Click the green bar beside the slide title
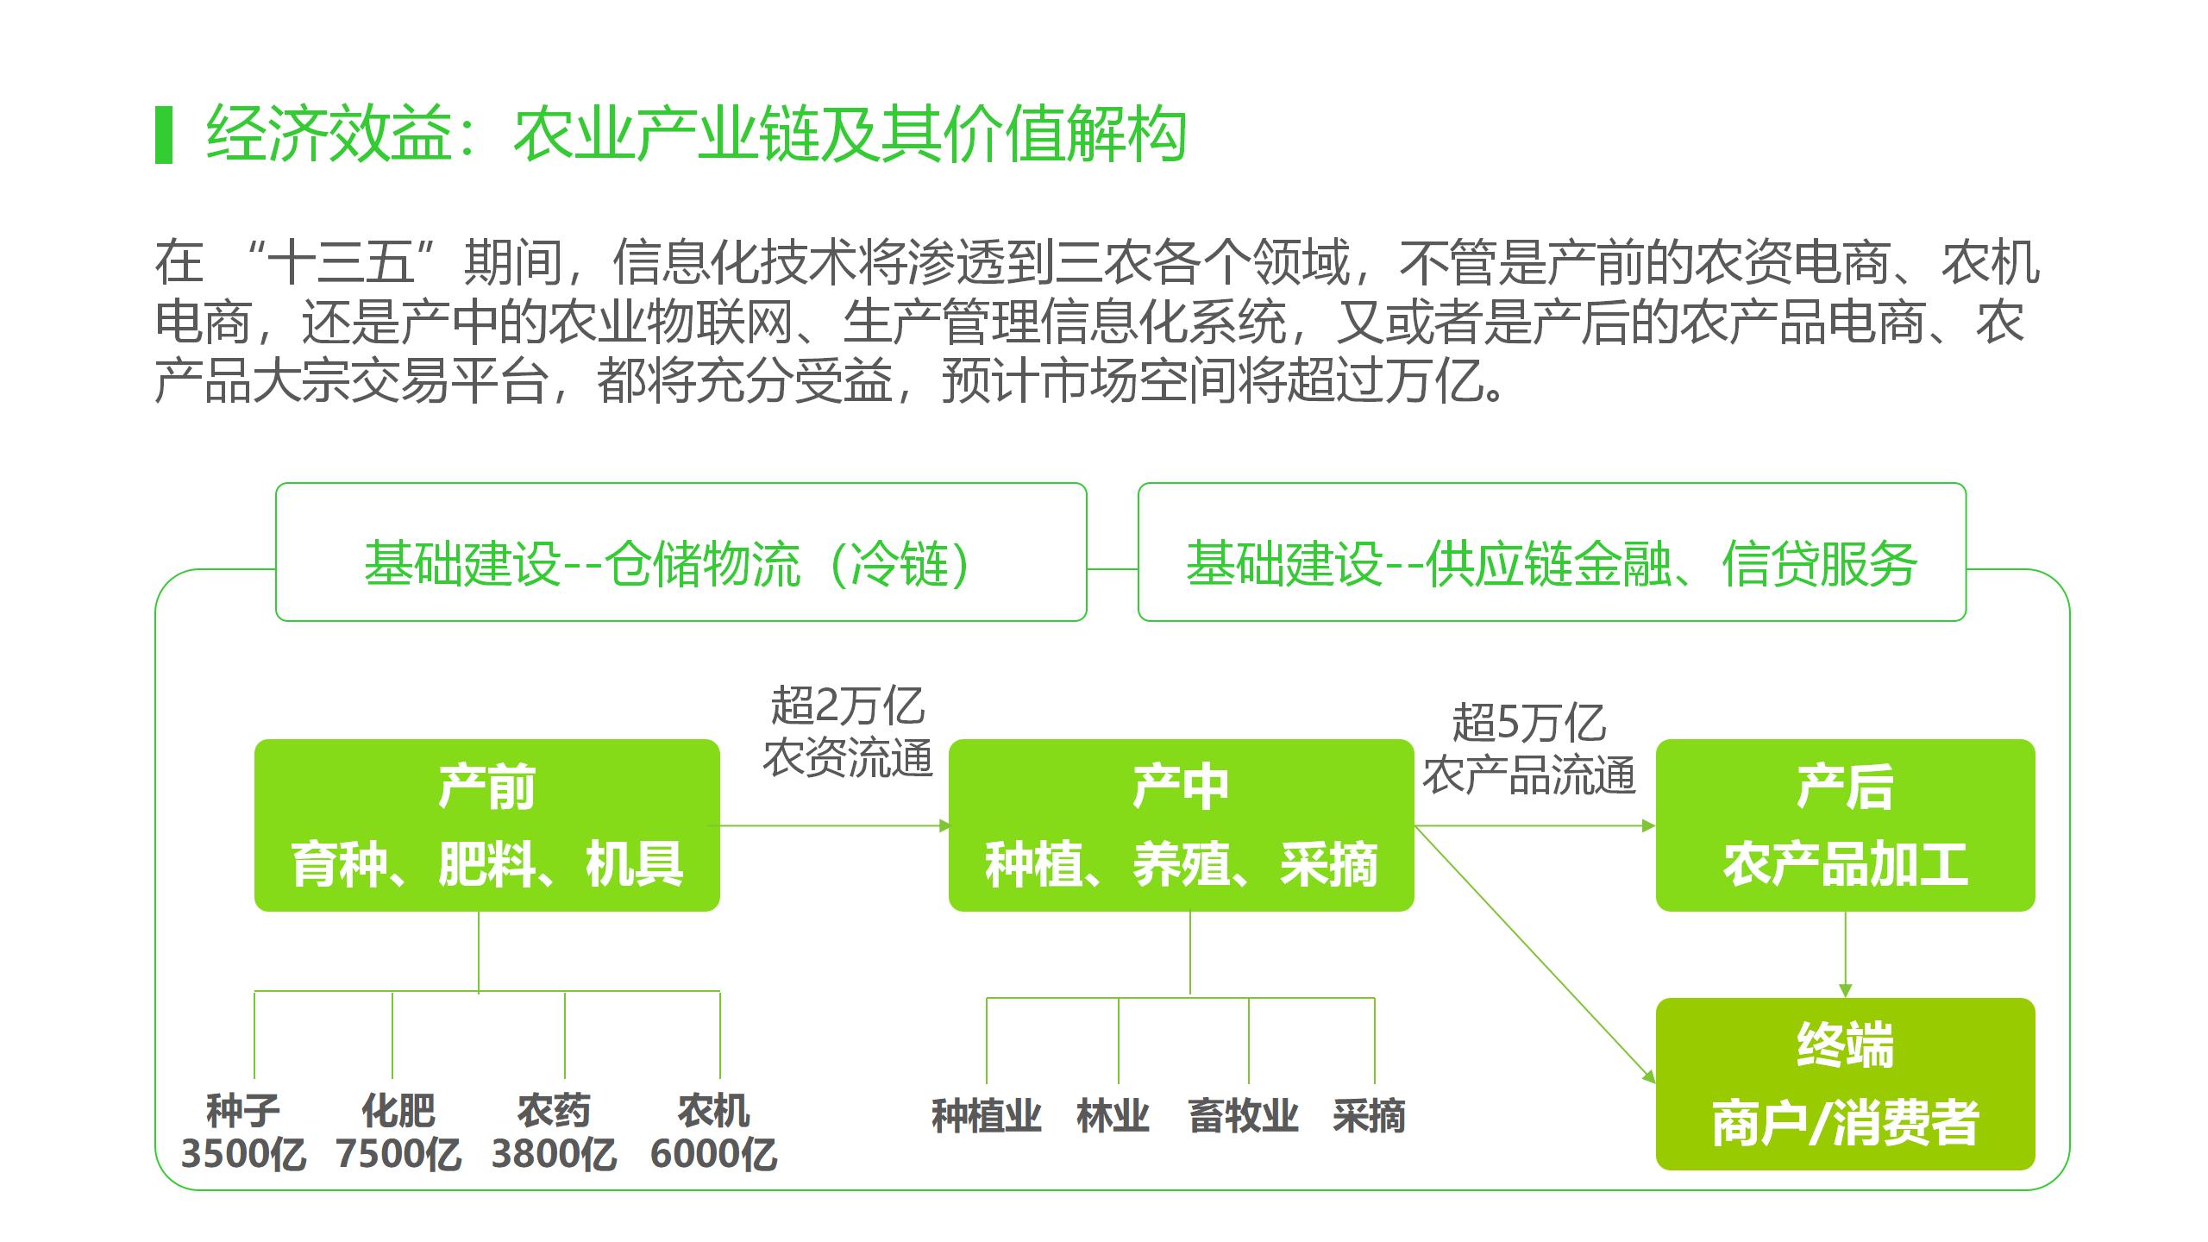click(x=164, y=135)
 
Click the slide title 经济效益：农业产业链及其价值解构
click(x=695, y=135)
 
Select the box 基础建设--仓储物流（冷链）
click(x=681, y=552)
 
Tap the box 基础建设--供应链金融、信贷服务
click(x=1552, y=552)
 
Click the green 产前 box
click(x=486, y=825)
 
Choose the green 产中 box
click(x=1181, y=825)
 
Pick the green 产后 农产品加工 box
click(x=1845, y=825)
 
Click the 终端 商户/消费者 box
click(x=1845, y=1084)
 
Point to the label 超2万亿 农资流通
click(x=847, y=731)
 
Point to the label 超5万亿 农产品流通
click(x=1528, y=748)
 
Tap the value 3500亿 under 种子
click(x=243, y=1154)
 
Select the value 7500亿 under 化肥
click(x=398, y=1154)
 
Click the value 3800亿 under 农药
click(x=554, y=1154)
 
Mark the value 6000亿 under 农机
click(x=713, y=1154)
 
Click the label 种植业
click(x=986, y=1116)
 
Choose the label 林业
click(x=1113, y=1116)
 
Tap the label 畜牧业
click(x=1243, y=1116)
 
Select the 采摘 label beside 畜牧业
click(x=1369, y=1116)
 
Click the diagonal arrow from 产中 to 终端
click(x=1535, y=954)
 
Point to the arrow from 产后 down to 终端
click(x=1846, y=954)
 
